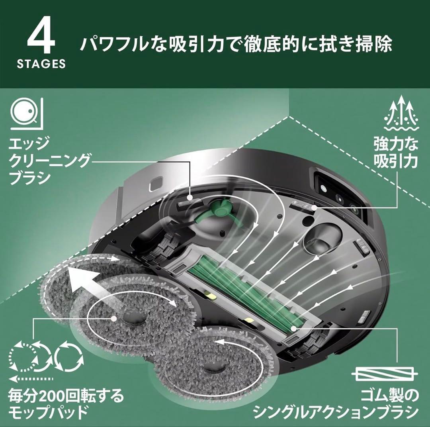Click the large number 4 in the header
click(41, 37)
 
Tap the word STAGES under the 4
click(41, 64)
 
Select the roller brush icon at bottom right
click(384, 375)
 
